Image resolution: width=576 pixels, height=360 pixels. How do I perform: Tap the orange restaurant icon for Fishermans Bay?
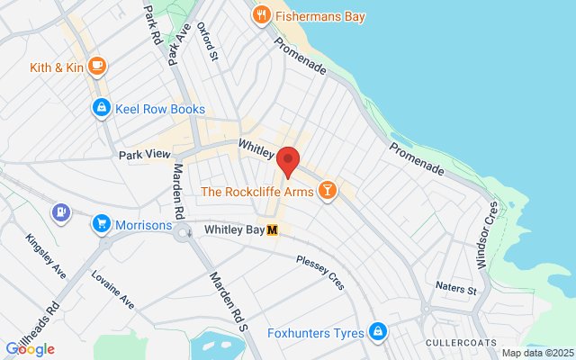coord(261,13)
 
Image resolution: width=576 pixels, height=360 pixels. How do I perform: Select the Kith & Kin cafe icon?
coord(96,67)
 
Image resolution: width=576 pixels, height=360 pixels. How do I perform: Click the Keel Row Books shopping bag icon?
coord(103,109)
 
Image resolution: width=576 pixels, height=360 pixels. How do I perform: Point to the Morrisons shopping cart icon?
coord(103,224)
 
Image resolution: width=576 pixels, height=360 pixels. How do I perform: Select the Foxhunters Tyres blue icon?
coord(379,333)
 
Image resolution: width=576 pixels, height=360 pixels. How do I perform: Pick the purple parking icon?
coord(61,213)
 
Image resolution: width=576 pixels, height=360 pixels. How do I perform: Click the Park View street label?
coord(144,155)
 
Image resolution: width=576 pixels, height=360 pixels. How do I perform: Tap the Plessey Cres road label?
coord(319,271)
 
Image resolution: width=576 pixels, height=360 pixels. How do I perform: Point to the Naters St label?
coord(455,290)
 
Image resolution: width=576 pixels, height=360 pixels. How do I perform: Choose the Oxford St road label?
coord(208,42)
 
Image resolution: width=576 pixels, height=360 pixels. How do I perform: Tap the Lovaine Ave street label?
coord(112,289)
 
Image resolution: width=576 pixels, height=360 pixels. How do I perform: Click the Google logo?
coord(30,349)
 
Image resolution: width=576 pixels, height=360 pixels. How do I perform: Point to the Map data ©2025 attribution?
coord(536,353)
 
